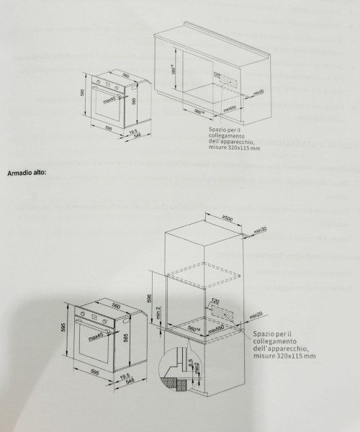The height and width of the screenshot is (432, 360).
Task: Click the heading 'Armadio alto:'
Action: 26,174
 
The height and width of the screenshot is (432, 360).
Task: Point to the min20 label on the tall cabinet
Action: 256,315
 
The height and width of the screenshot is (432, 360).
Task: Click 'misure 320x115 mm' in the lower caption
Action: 284,356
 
